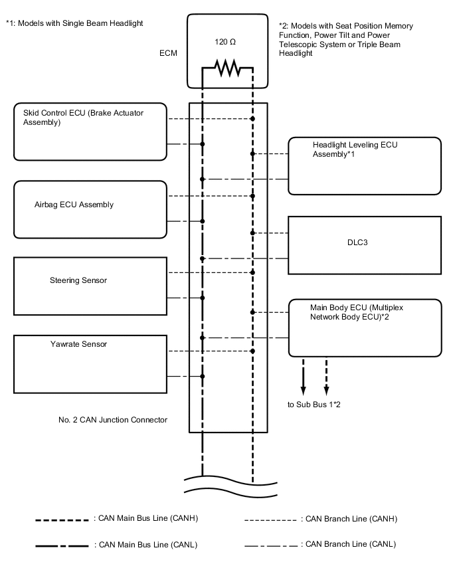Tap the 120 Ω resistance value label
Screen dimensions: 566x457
pyautogui.click(x=225, y=42)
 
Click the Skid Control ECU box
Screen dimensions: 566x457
pyautogui.click(x=89, y=131)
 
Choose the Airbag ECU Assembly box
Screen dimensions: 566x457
pyautogui.click(x=89, y=209)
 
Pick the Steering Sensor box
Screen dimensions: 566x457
pyautogui.click(x=89, y=286)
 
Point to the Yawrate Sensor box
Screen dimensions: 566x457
pyautogui.click(x=89, y=364)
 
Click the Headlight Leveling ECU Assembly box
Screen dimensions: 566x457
pyautogui.click(x=365, y=165)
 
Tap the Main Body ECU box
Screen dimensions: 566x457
pyautogui.click(x=365, y=328)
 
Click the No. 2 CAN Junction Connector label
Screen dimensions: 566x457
pyautogui.click(x=113, y=420)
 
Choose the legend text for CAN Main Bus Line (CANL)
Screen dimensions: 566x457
pyautogui.click(x=147, y=545)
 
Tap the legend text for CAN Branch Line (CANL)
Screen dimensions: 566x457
pyautogui.click(x=349, y=545)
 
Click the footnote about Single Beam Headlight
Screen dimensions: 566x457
pyautogui.click(x=74, y=23)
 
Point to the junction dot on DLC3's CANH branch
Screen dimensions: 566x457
pyautogui.click(x=252, y=233)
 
